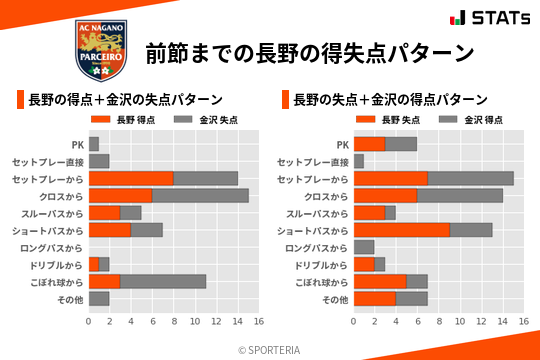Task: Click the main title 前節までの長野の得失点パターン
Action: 309,52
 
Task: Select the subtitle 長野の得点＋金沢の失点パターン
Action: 125,100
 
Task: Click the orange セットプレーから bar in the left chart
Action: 131,178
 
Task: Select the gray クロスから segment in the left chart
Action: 200,196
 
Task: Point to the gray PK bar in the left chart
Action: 94,144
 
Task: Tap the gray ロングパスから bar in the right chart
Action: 364,247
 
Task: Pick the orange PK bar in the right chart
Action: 369,144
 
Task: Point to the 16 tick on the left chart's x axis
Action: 258,322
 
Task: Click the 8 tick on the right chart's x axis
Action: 438,322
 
